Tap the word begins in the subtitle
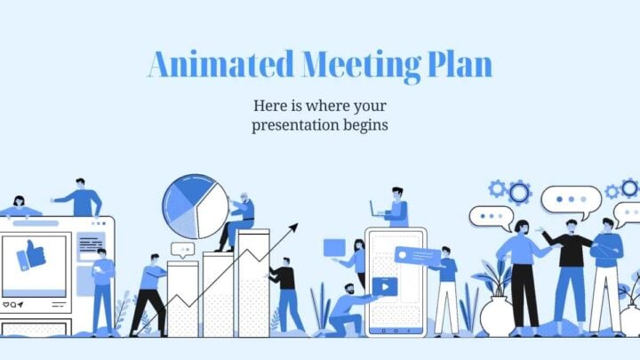[x=365, y=125]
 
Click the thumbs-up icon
[x=32, y=254]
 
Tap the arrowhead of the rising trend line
[x=292, y=228]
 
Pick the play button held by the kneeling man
[x=385, y=286]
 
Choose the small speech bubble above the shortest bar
[x=182, y=250]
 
